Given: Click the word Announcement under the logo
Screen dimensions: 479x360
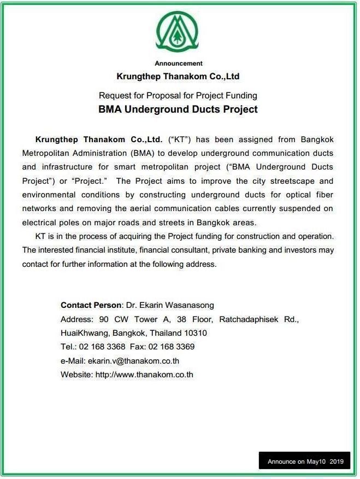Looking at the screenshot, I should click(x=178, y=63).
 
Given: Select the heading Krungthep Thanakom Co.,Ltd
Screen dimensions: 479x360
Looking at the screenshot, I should click(x=178, y=77).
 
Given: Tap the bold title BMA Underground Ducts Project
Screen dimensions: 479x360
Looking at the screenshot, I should click(x=178, y=109).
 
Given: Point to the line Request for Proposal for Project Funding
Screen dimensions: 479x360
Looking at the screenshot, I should click(x=178, y=95).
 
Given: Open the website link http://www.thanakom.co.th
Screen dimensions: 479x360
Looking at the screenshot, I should click(x=144, y=375).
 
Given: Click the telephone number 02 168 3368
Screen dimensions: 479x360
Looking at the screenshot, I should click(x=102, y=347).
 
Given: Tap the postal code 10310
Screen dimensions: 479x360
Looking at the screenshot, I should click(x=195, y=332).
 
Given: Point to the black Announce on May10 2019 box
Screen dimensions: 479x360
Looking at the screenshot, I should click(x=305, y=462).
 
